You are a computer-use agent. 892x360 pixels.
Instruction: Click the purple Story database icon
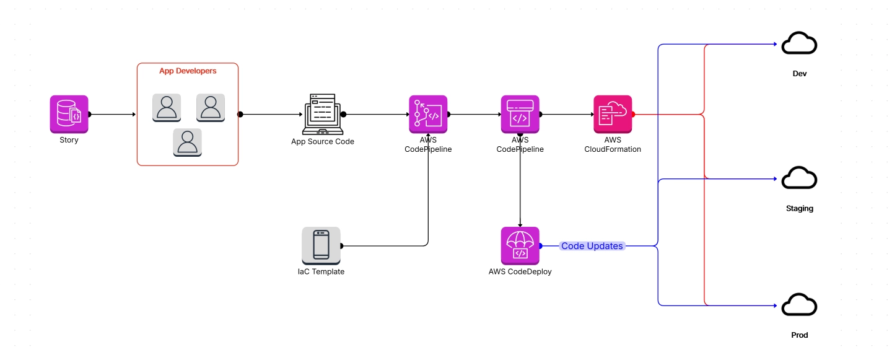point(69,114)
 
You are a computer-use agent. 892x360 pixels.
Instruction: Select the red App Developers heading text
point(188,71)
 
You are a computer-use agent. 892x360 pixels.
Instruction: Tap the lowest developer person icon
point(187,143)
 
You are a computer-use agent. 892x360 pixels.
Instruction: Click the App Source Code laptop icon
point(322,114)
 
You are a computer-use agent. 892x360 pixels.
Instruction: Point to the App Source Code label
point(322,141)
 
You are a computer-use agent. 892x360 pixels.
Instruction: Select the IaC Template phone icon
point(321,245)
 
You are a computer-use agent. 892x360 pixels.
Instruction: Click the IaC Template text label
point(321,271)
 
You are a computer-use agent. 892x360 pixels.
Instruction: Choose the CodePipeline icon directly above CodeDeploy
point(520,114)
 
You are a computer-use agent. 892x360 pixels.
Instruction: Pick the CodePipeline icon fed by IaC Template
point(427,114)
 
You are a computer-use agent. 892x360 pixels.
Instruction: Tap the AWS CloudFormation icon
point(612,114)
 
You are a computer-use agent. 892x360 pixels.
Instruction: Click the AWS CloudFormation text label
point(612,145)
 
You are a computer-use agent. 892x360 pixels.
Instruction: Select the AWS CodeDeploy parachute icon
point(520,245)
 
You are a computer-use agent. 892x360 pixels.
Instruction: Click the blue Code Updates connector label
point(592,246)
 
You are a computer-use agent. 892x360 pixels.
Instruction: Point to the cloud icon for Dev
point(799,45)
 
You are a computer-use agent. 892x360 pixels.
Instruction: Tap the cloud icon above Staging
point(799,178)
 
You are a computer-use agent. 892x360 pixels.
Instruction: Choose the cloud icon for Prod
point(799,305)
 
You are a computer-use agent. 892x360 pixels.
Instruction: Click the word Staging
point(799,209)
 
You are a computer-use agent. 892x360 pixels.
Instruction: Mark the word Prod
point(799,335)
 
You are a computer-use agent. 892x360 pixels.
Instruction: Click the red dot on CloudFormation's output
point(633,114)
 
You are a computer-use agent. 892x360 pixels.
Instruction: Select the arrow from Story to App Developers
point(113,114)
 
